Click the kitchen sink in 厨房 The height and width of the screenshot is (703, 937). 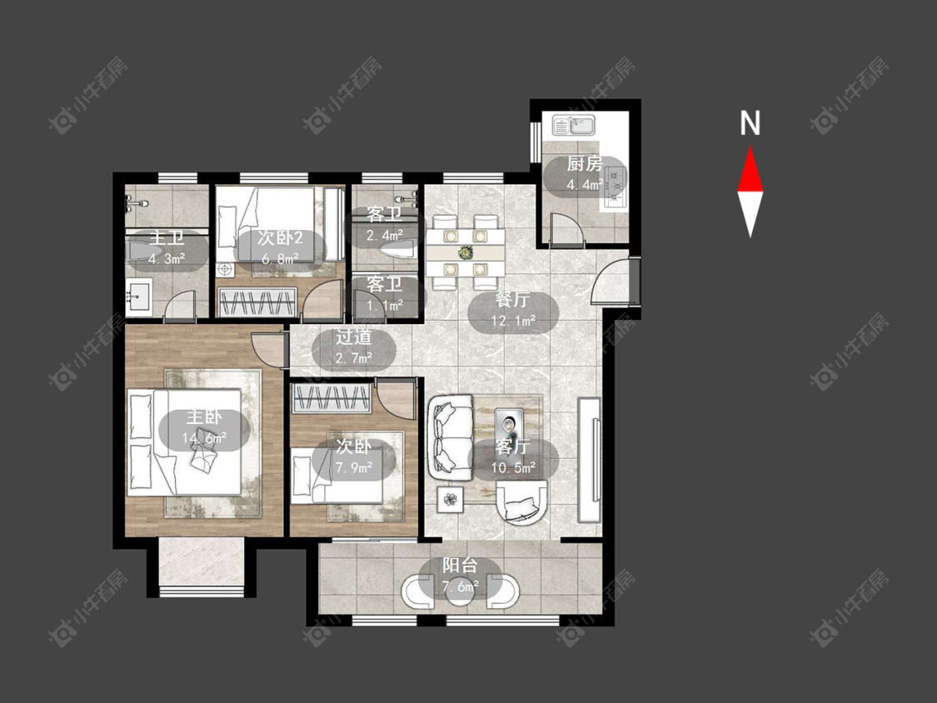click(x=573, y=126)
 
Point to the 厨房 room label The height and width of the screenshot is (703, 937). click(x=585, y=164)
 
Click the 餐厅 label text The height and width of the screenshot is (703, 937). click(x=513, y=300)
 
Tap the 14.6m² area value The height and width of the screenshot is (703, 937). click(x=204, y=438)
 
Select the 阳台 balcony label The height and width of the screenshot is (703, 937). click(x=460, y=566)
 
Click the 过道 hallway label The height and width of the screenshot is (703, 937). click(x=353, y=337)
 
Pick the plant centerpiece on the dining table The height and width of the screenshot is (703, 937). click(x=465, y=252)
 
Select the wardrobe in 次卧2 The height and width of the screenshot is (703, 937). click(x=257, y=302)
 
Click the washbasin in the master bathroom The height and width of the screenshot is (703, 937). click(x=139, y=296)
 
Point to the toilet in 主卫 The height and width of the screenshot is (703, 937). click(x=142, y=252)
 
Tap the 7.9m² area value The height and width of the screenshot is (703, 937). click(x=354, y=467)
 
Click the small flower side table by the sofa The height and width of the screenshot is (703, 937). click(x=451, y=498)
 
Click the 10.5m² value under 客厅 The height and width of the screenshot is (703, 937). click(x=513, y=467)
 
